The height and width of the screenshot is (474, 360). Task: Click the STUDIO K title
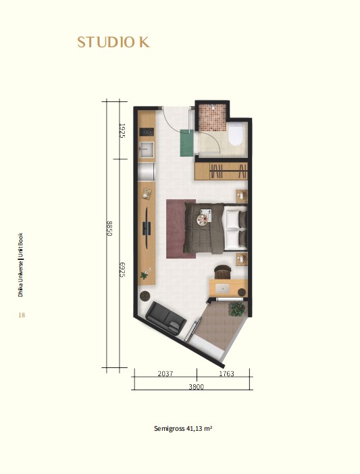[113, 43]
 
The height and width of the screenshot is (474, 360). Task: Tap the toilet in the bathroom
[236, 135]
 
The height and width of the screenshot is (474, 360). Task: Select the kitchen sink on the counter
[147, 150]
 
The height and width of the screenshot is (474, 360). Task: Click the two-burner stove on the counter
[147, 132]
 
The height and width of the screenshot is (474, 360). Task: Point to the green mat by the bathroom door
[187, 142]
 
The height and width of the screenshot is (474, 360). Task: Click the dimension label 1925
[122, 130]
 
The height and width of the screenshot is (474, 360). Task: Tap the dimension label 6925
[122, 270]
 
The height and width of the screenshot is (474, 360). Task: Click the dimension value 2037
[165, 373]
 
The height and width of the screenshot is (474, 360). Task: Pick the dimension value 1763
[226, 373]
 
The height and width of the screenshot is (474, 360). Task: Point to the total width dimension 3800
[196, 387]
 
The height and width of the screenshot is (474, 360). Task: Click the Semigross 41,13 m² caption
[183, 428]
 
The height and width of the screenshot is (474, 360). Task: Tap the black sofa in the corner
[165, 318]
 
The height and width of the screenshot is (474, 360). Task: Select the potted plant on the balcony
[236, 309]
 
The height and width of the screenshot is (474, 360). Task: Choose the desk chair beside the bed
[222, 271]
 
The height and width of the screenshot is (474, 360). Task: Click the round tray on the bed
[202, 219]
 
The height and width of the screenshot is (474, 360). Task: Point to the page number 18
[22, 315]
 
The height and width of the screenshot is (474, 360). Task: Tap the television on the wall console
[147, 228]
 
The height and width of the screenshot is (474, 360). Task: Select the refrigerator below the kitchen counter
[147, 172]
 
